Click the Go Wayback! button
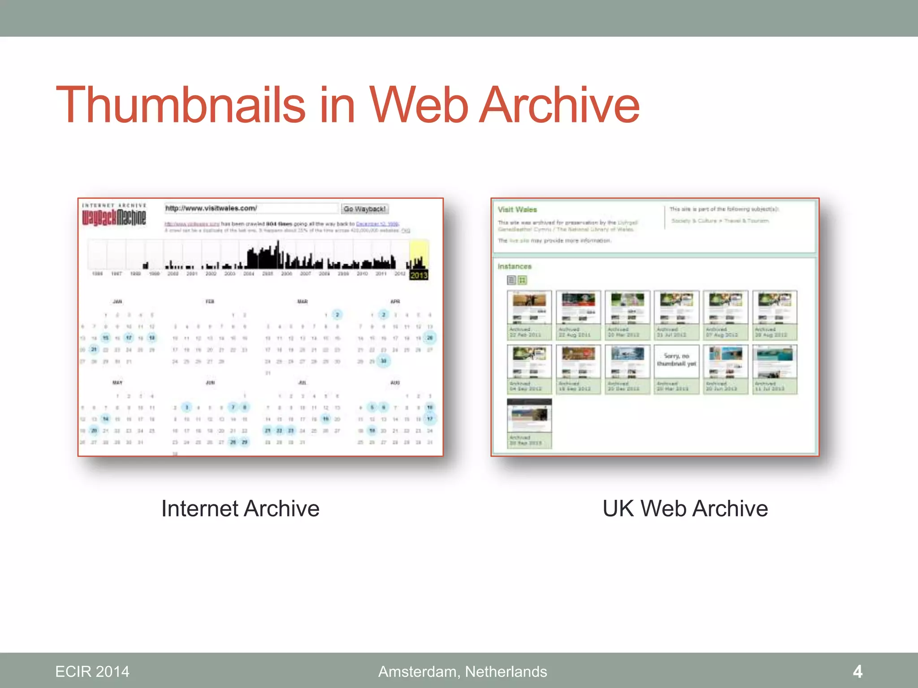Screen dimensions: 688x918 pos(364,209)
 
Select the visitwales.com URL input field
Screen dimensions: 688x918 pos(251,208)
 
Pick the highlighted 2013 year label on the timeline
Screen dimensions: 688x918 pos(419,275)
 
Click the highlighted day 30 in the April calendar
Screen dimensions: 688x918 pos(383,361)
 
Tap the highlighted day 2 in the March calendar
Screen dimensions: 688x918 pos(338,314)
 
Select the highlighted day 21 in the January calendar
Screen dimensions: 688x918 pos(94,349)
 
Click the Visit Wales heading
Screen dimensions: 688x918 pos(517,210)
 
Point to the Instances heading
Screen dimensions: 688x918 pos(514,267)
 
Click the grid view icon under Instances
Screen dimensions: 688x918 pos(522,280)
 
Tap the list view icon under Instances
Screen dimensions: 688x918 pos(511,280)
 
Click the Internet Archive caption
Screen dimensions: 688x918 pos(240,509)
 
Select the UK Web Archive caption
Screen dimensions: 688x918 pos(685,509)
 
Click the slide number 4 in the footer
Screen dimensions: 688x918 pos(857,671)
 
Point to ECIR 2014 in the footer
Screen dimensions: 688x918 pos(92,671)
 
